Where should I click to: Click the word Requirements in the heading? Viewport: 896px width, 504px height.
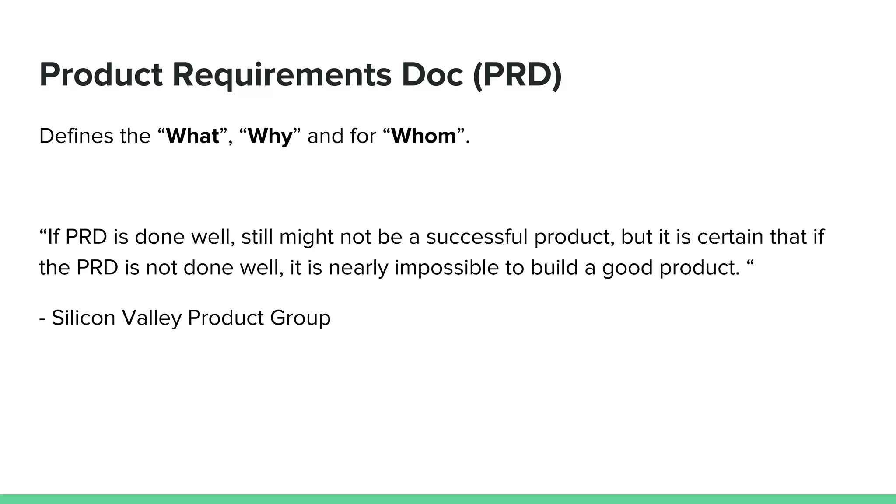pos(282,75)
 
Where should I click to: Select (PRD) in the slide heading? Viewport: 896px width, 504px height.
pos(517,75)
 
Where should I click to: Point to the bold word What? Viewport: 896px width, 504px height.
pos(192,136)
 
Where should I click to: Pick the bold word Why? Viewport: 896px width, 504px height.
pos(270,136)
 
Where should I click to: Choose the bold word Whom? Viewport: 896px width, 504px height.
pos(423,136)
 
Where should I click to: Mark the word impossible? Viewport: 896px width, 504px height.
pos(446,268)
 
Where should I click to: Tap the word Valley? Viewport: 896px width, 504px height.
pos(151,318)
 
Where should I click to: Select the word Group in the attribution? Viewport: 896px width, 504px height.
pos(300,318)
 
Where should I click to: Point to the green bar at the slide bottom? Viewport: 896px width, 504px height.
pos(448,499)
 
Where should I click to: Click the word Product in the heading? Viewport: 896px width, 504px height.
pos(101,75)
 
